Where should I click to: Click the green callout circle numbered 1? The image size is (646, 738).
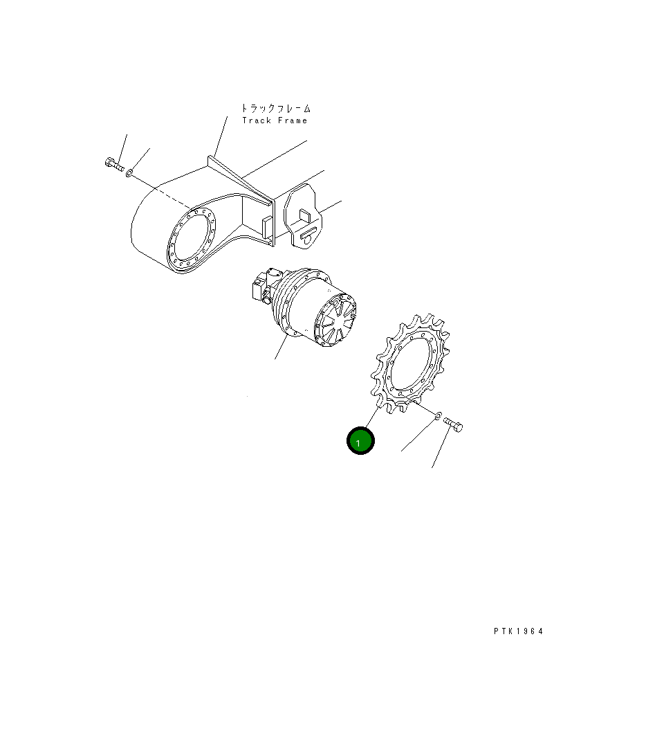(x=360, y=441)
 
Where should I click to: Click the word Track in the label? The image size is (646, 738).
(x=257, y=120)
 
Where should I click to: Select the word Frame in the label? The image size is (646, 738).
(x=293, y=120)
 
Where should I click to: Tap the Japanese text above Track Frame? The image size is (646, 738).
(x=276, y=108)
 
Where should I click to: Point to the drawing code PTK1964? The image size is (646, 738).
(x=518, y=631)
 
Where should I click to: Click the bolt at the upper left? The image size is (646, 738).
(x=114, y=164)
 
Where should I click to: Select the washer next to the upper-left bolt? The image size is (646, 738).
(x=129, y=174)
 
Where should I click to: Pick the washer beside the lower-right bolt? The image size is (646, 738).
(x=437, y=415)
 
